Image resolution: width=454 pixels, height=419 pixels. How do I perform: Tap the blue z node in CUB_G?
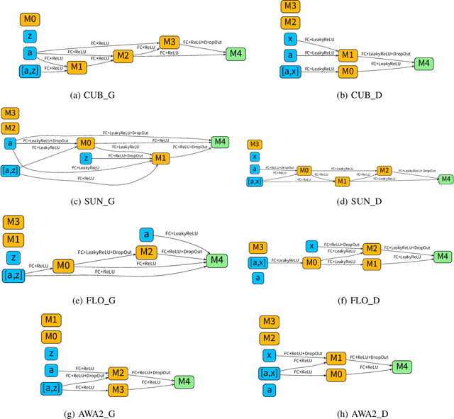pyautogui.click(x=30, y=36)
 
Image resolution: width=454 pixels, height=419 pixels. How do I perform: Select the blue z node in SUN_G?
pyautogui.click(x=85, y=157)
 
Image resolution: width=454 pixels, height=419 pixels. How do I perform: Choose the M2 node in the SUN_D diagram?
pyautogui.click(x=384, y=171)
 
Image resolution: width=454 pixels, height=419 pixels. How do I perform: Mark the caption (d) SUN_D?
pyautogui.click(x=347, y=200)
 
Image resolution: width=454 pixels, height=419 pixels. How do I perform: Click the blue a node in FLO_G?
pyautogui.click(x=147, y=235)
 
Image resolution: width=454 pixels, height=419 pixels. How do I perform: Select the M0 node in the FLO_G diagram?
pyautogui.click(x=64, y=266)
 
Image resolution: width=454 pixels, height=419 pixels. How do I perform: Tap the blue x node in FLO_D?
pyautogui.click(x=311, y=246)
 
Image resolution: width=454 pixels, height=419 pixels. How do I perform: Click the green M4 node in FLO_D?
pyautogui.click(x=441, y=256)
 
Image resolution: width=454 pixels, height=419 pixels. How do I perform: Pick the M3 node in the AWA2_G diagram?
pyautogui.click(x=118, y=389)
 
